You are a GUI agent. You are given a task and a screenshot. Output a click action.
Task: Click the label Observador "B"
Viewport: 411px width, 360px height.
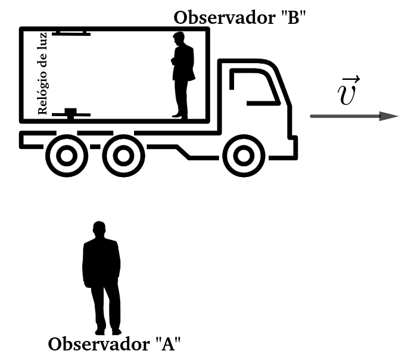tap(240, 17)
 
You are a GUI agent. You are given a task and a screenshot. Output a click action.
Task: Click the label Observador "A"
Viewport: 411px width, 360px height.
tap(114, 345)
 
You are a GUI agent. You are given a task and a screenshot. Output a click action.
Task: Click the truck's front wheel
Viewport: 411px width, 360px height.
tap(241, 156)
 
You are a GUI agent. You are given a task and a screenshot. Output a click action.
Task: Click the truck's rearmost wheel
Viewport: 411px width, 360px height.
tap(66, 156)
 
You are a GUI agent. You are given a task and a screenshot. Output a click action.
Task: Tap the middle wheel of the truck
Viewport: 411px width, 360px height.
tap(123, 156)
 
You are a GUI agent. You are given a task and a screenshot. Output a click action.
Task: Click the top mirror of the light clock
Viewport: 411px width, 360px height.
tap(70, 33)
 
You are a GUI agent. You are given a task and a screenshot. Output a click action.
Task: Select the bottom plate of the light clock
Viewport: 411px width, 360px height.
tap(70, 113)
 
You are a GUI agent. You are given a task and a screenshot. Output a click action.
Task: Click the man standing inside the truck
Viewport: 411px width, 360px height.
tap(182, 75)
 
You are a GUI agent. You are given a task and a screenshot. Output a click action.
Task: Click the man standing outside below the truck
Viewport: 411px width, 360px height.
tap(101, 277)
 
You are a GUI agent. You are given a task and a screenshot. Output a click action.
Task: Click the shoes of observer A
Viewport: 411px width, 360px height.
tap(108, 331)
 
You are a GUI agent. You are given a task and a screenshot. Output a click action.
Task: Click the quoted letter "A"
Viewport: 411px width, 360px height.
tap(167, 345)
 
